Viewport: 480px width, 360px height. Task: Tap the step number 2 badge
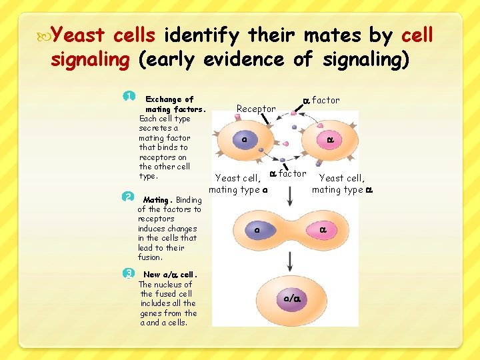[129, 197]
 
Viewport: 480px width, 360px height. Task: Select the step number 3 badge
[129, 273]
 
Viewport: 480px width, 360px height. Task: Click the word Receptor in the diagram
[256, 109]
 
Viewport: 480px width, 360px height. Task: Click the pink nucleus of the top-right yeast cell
[330, 140]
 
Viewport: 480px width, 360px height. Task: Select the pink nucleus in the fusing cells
[322, 230]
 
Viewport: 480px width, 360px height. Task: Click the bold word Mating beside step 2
[157, 199]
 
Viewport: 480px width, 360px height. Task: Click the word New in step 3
[152, 275]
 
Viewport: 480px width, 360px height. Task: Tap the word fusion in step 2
[150, 257]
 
